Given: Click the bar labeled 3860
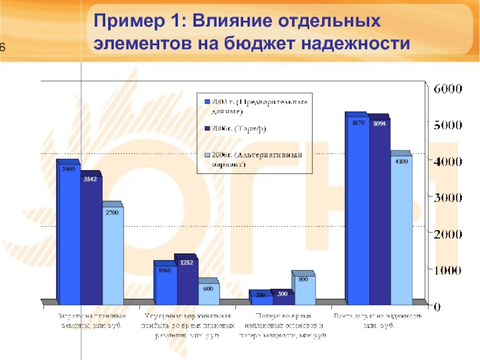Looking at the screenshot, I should tap(68, 234).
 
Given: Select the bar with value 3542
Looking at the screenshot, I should tap(91, 240).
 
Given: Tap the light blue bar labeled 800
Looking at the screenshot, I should tap(304, 288).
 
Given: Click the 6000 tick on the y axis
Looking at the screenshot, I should tap(447, 88).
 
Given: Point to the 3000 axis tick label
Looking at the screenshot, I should tap(447, 197).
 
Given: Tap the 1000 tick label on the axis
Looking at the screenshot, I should tap(447, 270).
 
